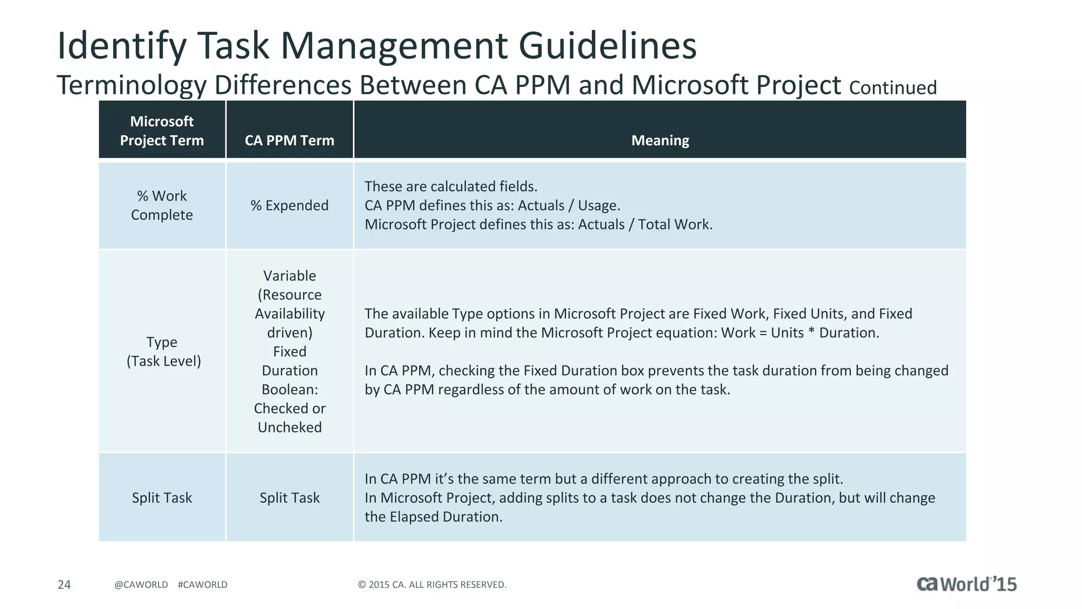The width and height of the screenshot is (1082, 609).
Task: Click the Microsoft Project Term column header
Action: click(x=162, y=131)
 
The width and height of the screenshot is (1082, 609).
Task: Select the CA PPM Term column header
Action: click(x=290, y=140)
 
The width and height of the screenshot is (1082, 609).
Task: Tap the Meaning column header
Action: click(x=660, y=140)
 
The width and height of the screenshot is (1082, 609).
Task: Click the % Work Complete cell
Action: click(x=162, y=205)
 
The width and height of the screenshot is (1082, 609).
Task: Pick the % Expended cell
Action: click(x=290, y=205)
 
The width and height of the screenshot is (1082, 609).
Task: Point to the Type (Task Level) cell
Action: click(x=163, y=352)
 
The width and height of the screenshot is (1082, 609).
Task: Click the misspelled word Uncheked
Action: click(x=290, y=427)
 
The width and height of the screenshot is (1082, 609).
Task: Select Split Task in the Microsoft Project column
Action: click(x=162, y=497)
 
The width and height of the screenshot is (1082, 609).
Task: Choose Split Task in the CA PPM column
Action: click(x=290, y=497)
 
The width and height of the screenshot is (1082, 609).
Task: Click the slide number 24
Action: click(x=64, y=584)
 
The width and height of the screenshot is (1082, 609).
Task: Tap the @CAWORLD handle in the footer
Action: click(x=141, y=584)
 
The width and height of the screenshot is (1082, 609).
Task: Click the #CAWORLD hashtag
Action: click(x=203, y=584)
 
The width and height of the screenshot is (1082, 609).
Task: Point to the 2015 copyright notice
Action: click(x=432, y=584)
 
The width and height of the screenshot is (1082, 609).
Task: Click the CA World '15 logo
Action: click(x=966, y=584)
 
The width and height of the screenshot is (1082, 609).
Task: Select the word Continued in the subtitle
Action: click(x=893, y=88)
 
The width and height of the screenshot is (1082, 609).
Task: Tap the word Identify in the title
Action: click(x=122, y=45)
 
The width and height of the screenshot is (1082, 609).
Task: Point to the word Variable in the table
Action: click(x=290, y=275)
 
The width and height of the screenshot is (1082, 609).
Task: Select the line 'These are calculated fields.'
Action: click(x=451, y=186)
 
